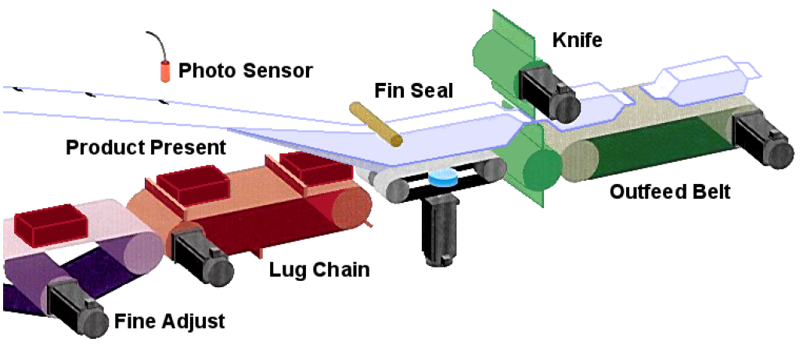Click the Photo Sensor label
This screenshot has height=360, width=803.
coord(246,71)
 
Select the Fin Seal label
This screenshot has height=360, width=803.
coord(414,91)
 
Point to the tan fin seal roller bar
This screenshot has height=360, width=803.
coord(376,124)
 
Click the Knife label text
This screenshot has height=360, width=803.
coord(578,39)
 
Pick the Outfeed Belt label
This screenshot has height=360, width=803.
coord(670,192)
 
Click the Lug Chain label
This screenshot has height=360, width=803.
coord(319,271)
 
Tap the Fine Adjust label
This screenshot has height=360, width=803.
coord(170,320)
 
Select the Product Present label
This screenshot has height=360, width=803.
coord(146,146)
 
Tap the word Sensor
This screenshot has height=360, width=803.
coord(278,71)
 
